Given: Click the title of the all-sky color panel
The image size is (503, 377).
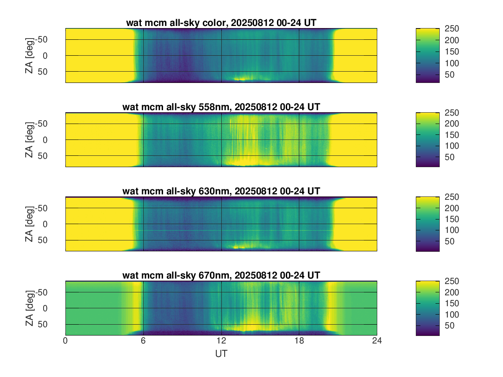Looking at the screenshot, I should (221, 23).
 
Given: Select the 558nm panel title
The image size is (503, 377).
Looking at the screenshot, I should (221, 107).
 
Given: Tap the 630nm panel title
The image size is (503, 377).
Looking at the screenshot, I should (221, 191).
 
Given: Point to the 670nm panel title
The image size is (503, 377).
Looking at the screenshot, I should (221, 275).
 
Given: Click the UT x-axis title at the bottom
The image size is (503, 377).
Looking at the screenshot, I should (221, 354).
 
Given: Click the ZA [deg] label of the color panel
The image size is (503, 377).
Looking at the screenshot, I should (29, 55).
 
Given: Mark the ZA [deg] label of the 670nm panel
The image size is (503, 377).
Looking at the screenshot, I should (29, 308).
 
